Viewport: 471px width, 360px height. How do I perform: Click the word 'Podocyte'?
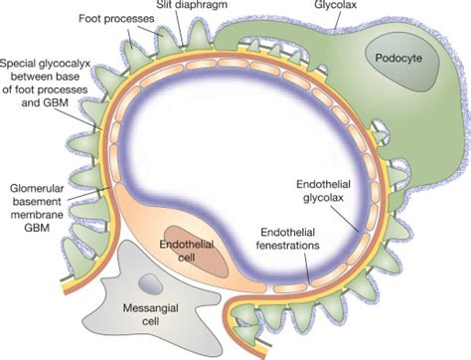[401, 57]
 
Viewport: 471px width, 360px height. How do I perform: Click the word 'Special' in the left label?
[22, 64]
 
